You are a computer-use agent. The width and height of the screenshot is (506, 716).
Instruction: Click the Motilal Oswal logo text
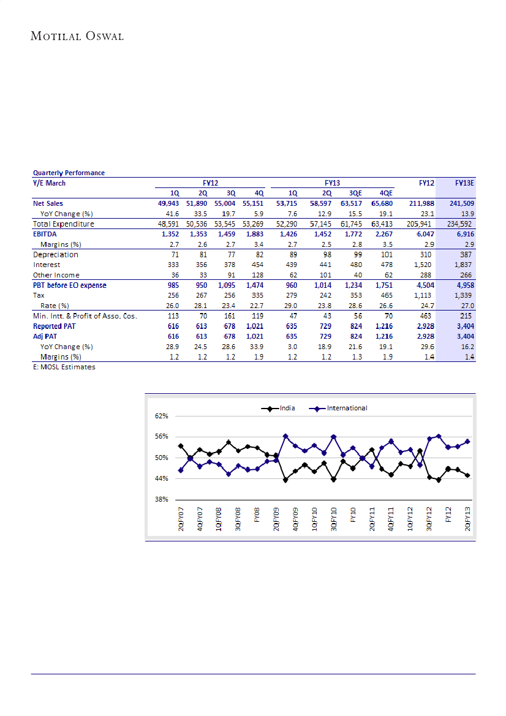77,36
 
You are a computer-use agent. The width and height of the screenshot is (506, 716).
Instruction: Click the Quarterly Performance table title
69,173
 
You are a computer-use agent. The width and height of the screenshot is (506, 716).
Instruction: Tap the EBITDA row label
47,234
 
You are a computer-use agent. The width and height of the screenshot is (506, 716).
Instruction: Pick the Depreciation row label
56,255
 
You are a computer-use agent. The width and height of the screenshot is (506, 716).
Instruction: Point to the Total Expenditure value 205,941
422,224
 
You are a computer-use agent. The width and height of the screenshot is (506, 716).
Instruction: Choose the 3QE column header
358,192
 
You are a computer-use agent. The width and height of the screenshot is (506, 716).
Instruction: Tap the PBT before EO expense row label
70,285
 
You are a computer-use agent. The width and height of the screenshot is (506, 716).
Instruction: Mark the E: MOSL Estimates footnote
64,367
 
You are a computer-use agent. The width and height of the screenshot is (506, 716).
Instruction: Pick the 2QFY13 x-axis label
468,519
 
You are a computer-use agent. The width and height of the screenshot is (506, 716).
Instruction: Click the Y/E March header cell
49,183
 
